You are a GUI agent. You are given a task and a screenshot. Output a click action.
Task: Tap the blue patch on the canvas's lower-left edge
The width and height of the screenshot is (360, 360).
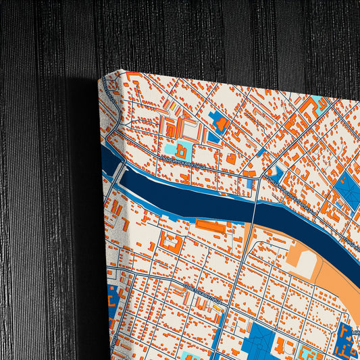[112, 297]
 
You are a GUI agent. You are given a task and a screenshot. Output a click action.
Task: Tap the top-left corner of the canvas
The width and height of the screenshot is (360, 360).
[101, 79]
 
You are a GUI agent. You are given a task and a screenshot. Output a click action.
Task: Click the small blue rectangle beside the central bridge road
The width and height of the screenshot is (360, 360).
[249, 184]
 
